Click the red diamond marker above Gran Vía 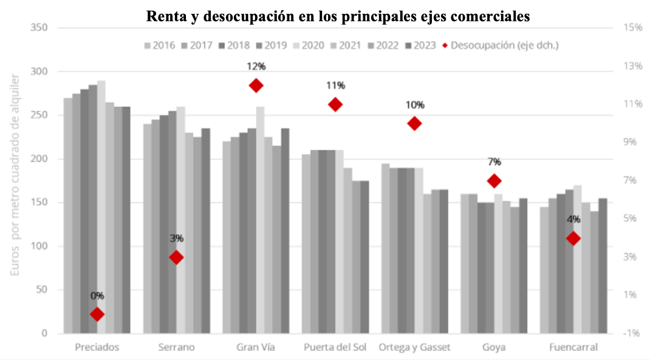coord(256,86)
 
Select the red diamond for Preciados coord(97,314)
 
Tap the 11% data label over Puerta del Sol coord(335,86)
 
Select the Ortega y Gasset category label coord(415,348)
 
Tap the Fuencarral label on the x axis coord(573,348)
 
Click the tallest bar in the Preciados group coord(101,206)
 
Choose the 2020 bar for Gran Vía coord(260,220)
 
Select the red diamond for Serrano coord(176,257)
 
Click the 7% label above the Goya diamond coord(494,162)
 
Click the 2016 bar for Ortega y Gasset coord(385,248)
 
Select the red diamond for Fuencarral coord(573,239)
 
